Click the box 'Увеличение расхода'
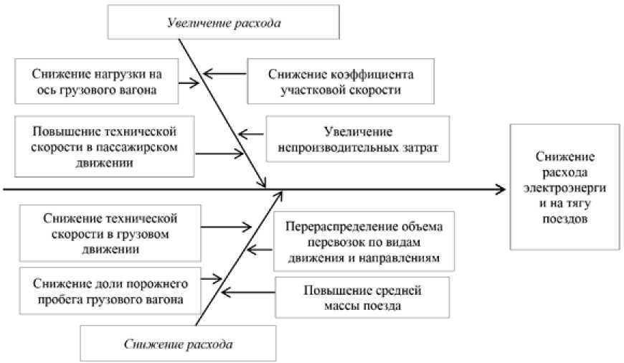223,22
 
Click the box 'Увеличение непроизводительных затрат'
356,140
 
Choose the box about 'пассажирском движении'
105,147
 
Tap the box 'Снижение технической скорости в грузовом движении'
100,232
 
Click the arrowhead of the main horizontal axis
500,190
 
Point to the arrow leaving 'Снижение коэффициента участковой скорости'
225,73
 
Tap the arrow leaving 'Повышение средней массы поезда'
248,292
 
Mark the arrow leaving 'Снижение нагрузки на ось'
188,84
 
